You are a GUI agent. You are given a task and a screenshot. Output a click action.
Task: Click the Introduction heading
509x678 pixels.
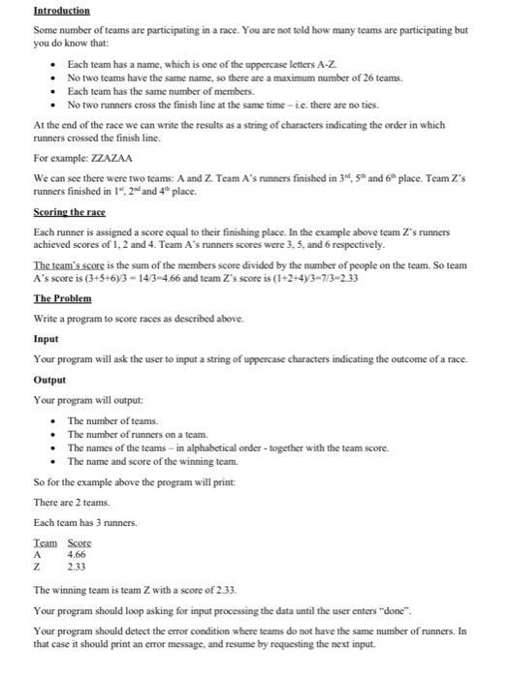pyautogui.click(x=61, y=11)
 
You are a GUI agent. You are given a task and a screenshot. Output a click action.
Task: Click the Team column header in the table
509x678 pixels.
pyautogui.click(x=46, y=543)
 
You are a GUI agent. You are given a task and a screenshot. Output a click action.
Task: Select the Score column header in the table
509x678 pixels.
pyautogui.click(x=80, y=543)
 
